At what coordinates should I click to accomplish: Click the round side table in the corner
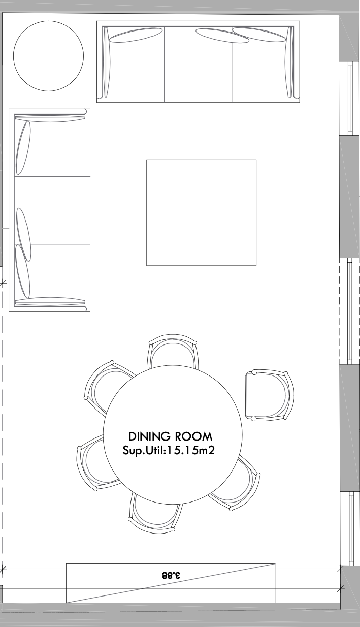pyautogui.click(x=48, y=56)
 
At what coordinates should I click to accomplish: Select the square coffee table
pyautogui.click(x=202, y=212)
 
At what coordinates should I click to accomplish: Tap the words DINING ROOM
pyautogui.click(x=170, y=436)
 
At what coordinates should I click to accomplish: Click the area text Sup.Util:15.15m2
pyautogui.click(x=169, y=450)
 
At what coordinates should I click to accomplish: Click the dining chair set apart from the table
pyautogui.click(x=270, y=395)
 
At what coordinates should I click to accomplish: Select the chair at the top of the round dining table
pyautogui.click(x=173, y=351)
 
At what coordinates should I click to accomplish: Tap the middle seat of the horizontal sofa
pyautogui.click(x=198, y=65)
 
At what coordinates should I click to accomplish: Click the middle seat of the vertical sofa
pyautogui.click(x=52, y=210)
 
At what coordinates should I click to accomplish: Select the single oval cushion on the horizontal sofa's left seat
pyautogui.click(x=136, y=35)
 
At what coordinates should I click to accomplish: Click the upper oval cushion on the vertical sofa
pyautogui.click(x=23, y=147)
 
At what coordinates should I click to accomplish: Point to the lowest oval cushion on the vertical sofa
pyautogui.click(x=22, y=271)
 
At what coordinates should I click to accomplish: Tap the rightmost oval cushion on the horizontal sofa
pyautogui.click(x=259, y=35)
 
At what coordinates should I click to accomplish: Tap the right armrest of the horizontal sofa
pyautogui.click(x=290, y=62)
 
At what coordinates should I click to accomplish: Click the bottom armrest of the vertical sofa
pyautogui.click(x=50, y=301)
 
